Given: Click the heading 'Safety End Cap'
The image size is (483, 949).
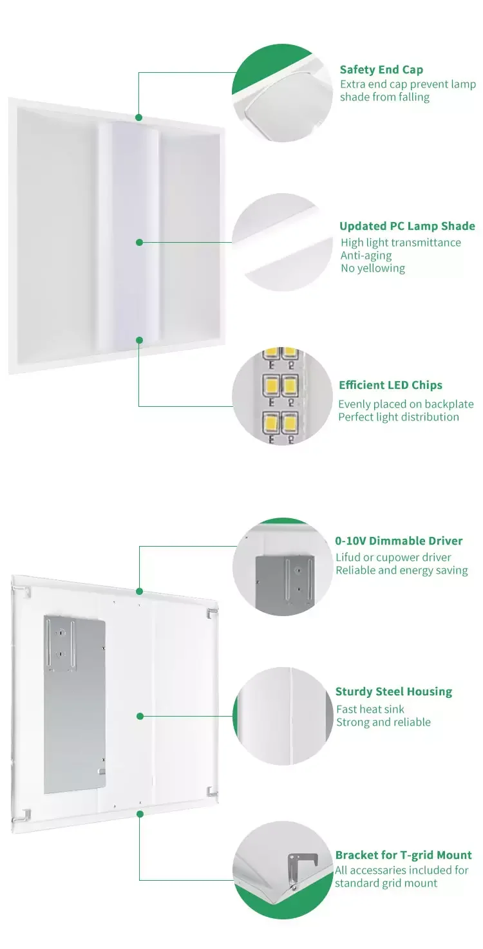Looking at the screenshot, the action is [x=381, y=70].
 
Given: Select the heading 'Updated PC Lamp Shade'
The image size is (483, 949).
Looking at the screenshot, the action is [x=407, y=226].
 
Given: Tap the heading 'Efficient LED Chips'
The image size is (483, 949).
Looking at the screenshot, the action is [x=390, y=385].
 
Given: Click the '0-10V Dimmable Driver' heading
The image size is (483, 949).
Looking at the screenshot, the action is [x=399, y=541].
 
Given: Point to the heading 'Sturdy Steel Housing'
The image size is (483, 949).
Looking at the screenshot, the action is [x=393, y=691].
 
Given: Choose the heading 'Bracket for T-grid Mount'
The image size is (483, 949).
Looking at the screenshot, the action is [x=403, y=855].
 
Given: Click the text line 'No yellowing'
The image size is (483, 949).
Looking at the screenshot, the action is [x=373, y=268].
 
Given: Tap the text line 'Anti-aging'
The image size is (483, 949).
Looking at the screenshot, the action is [x=366, y=255].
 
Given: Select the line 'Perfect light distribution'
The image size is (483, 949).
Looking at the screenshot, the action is [x=399, y=417].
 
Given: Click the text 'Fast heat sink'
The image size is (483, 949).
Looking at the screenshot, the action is [x=370, y=709].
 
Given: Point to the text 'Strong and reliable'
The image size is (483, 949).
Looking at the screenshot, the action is [x=383, y=722].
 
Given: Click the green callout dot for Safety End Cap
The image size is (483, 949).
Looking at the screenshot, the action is [x=138, y=117].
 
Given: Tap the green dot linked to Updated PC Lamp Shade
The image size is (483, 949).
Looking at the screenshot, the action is [x=138, y=242].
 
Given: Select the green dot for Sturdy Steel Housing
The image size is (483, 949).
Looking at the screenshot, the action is [x=139, y=715].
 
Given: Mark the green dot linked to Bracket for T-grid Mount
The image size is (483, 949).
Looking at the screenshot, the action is [x=139, y=814].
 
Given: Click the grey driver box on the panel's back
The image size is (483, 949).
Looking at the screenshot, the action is [x=75, y=705].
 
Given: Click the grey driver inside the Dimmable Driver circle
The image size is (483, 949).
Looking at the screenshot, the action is [x=285, y=582].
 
